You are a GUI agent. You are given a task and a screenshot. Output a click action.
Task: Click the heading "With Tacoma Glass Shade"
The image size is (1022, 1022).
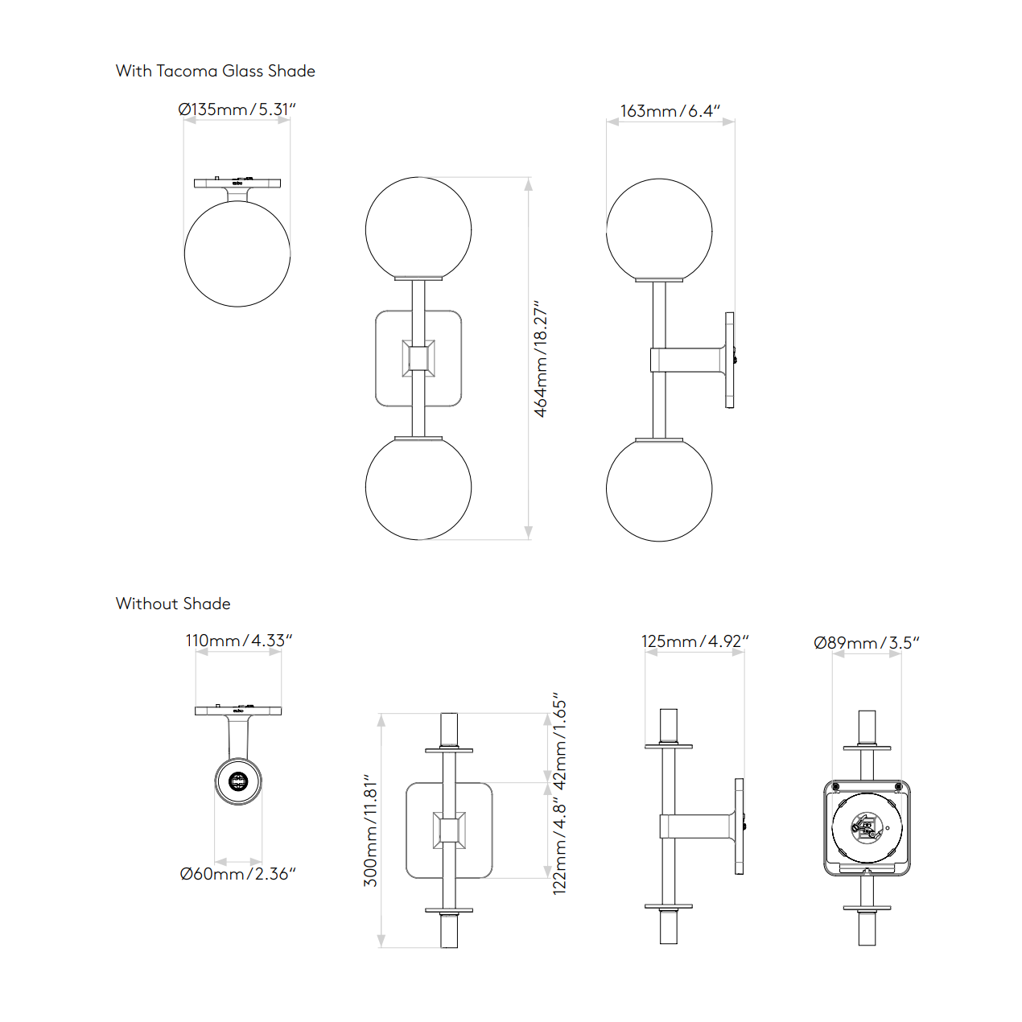pyautogui.click(x=216, y=71)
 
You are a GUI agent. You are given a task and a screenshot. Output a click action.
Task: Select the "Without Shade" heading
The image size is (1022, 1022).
pyautogui.click(x=173, y=604)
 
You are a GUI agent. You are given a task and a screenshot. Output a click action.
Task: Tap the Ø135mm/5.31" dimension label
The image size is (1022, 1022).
pyautogui.click(x=237, y=109)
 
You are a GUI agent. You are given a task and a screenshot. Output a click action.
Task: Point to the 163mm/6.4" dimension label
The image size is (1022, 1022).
pyautogui.click(x=670, y=111)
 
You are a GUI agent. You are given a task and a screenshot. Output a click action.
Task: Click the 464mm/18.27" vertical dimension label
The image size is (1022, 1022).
pyautogui.click(x=540, y=359)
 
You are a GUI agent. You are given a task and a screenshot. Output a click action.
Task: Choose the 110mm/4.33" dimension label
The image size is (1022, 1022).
pyautogui.click(x=239, y=640)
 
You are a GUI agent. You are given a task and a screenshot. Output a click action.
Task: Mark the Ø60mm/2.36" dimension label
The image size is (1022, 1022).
pyautogui.click(x=237, y=873)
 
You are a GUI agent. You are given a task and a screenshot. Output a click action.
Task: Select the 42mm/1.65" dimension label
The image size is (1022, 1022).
pyautogui.click(x=559, y=741)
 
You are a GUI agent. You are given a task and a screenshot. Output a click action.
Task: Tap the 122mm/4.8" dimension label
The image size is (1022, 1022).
pyautogui.click(x=559, y=847)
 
